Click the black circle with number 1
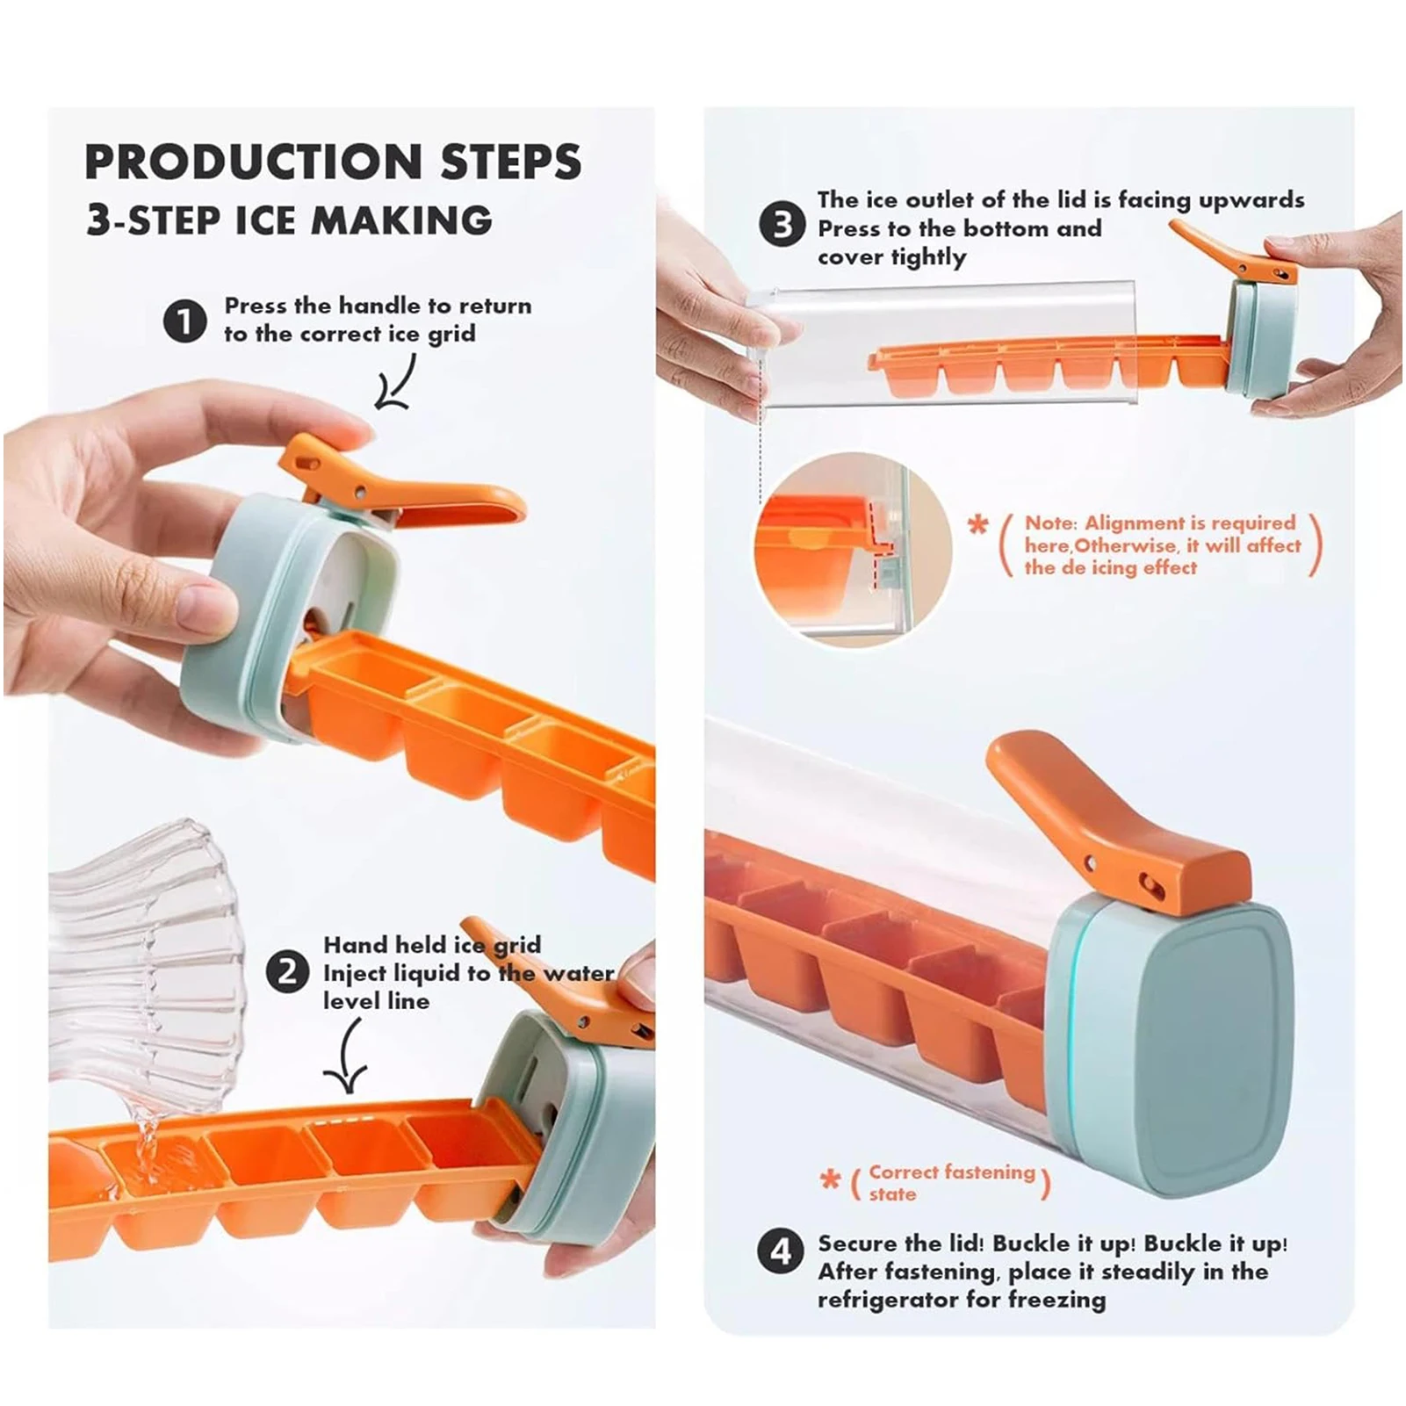pos(185,321)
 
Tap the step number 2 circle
pos(287,973)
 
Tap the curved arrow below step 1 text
pos(397,383)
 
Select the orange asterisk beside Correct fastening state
pos(830,1179)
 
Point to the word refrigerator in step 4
pos(887,1300)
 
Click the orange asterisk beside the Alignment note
pos(977,525)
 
